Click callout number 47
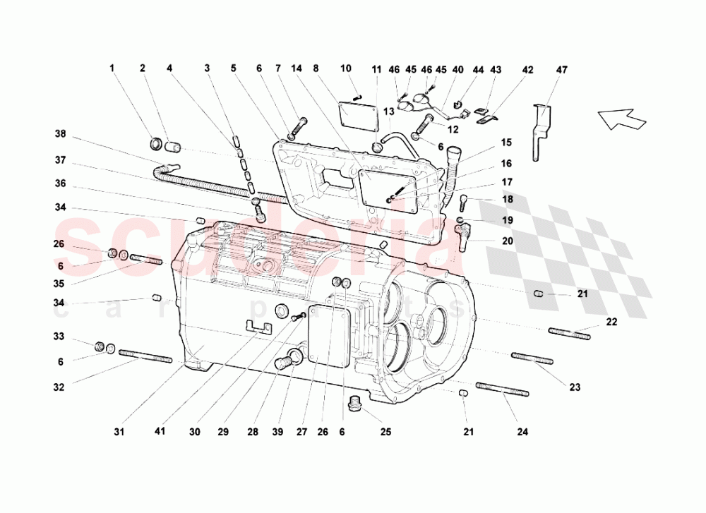pyautogui.click(x=561, y=70)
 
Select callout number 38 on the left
pyautogui.click(x=60, y=133)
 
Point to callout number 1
pyautogui.click(x=112, y=68)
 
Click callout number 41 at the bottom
pyautogui.click(x=160, y=430)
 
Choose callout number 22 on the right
pyautogui.click(x=611, y=322)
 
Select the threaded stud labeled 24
pyautogui.click(x=502, y=390)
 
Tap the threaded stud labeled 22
pyautogui.click(x=569, y=332)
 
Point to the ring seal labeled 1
pyautogui.click(x=158, y=145)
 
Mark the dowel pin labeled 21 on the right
pyautogui.click(x=538, y=293)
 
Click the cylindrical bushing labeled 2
pyautogui.click(x=174, y=147)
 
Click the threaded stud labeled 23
pyautogui.click(x=532, y=358)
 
